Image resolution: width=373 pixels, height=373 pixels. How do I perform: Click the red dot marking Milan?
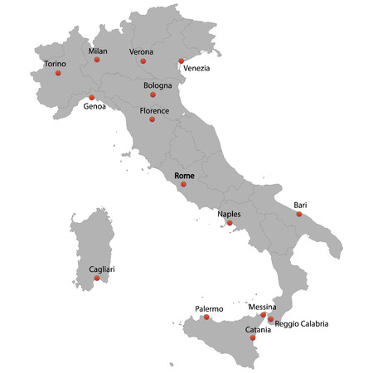point(97,60)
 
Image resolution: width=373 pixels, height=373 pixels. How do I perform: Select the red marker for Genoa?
point(91,98)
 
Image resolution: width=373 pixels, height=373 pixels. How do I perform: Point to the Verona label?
point(141,51)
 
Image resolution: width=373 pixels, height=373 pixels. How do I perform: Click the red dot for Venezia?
point(181,61)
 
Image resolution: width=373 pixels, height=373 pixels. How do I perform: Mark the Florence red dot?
point(152,119)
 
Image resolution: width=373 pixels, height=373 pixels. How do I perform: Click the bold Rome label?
point(185,175)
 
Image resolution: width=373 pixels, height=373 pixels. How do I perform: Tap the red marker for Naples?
point(230,223)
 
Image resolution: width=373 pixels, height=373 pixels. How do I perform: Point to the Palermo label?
point(209,308)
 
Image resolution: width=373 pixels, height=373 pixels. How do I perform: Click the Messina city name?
point(262,307)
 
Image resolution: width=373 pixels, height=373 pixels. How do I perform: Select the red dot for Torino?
point(58,73)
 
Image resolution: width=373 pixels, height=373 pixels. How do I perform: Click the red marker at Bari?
point(299,214)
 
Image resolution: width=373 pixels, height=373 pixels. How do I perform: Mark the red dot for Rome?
point(183,184)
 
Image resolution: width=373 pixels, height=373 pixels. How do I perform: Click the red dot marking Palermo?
point(206,317)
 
